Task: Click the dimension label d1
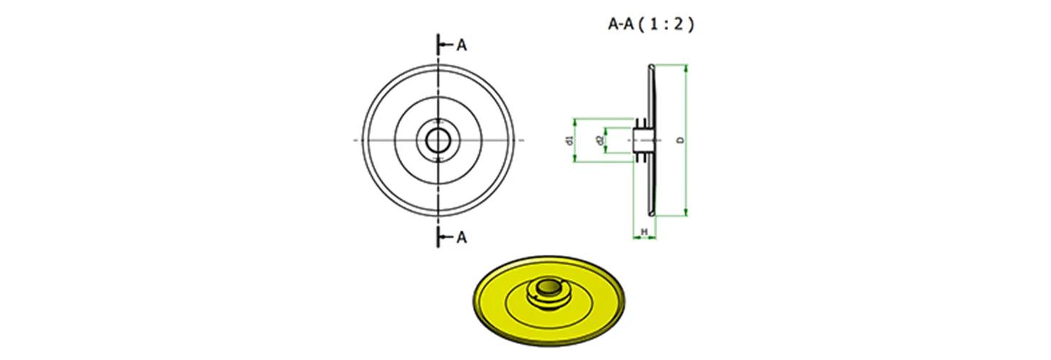click(569, 140)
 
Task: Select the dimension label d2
click(599, 140)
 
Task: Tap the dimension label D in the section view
click(681, 140)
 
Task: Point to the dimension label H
click(644, 232)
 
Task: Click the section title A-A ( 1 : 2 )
click(651, 24)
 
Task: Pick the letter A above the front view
click(461, 45)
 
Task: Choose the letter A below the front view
click(461, 238)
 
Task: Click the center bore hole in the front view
click(438, 140)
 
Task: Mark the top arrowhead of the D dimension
click(686, 68)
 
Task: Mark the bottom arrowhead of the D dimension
click(686, 212)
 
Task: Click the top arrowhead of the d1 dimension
click(574, 122)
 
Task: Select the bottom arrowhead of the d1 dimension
click(574, 158)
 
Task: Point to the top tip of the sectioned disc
click(651, 66)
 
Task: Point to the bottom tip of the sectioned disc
click(651, 215)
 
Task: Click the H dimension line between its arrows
click(644, 238)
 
